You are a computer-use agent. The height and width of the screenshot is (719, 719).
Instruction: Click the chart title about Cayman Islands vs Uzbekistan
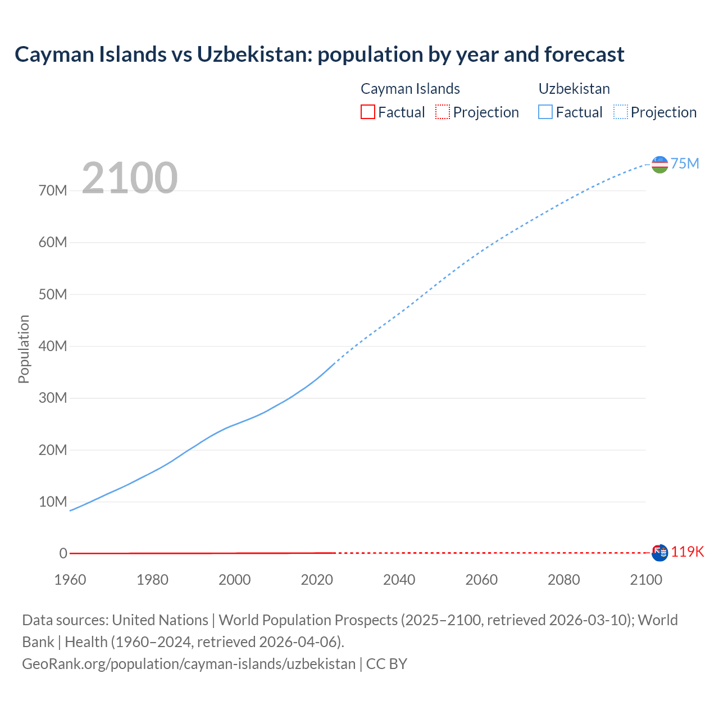319,54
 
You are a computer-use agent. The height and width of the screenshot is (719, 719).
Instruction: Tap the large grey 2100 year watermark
130,178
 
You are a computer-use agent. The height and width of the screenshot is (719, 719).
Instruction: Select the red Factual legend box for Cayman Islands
367,112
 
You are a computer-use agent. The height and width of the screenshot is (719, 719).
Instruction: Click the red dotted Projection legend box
443,112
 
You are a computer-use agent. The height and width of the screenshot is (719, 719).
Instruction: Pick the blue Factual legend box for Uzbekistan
545,112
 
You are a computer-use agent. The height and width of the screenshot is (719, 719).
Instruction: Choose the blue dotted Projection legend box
620,112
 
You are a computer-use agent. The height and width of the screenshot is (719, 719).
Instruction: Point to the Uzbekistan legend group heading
574,89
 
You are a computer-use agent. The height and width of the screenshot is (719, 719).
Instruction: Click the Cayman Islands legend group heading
410,89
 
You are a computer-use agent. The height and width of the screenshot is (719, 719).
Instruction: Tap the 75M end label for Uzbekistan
685,163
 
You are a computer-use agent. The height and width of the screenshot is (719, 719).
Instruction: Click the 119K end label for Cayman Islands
687,552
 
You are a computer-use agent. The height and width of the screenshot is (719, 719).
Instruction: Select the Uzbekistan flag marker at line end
659,165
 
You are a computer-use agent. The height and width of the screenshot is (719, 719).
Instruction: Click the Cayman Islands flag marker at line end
659,553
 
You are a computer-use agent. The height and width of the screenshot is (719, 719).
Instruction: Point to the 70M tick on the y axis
53,190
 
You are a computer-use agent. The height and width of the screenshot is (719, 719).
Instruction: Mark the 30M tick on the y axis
53,398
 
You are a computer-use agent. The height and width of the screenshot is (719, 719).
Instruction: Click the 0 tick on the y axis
63,553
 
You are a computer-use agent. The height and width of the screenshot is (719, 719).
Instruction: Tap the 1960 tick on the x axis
70,580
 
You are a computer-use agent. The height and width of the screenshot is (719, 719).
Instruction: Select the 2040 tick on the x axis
399,580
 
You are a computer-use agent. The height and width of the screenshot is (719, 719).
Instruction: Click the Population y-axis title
24,349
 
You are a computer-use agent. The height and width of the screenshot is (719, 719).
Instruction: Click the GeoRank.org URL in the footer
189,663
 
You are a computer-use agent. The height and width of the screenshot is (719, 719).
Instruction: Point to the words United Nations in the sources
160,620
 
